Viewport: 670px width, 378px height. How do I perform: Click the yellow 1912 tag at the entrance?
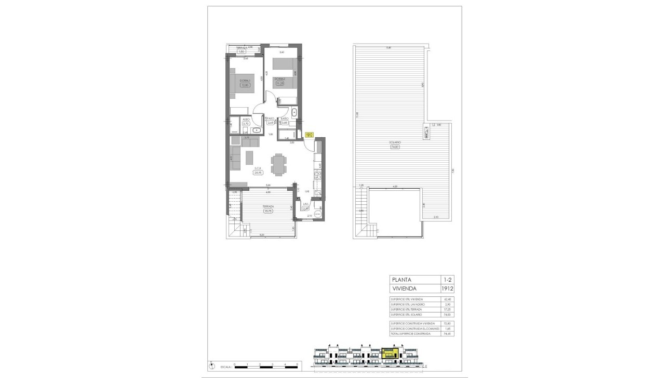pos(309,135)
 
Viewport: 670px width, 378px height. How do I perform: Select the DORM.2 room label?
pos(280,79)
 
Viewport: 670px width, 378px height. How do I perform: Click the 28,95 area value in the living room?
pos(258,172)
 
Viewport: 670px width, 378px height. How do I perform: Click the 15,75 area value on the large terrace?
pos(269,211)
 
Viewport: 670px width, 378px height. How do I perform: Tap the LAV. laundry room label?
pos(306,204)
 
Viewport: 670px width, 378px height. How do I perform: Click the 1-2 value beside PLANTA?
pos(445,280)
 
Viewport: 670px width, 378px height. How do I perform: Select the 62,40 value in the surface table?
pos(445,299)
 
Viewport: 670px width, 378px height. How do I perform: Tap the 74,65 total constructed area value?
pos(445,334)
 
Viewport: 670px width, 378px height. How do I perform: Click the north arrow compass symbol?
pos(211,366)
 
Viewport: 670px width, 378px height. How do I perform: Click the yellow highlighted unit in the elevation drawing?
pos(389,354)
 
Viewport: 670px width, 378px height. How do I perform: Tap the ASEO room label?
pos(246,120)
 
